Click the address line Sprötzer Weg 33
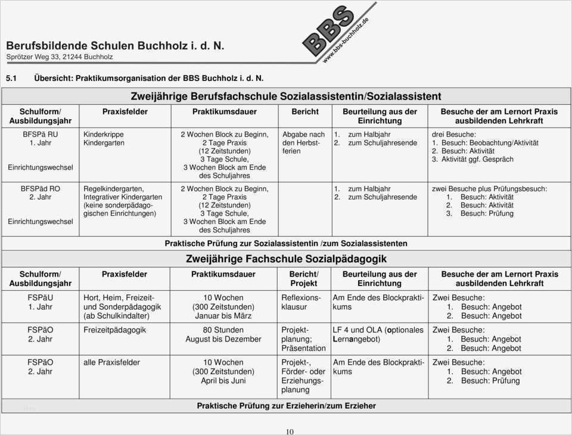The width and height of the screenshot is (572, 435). [x=60, y=57]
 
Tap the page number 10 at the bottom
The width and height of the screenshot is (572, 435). [x=289, y=431]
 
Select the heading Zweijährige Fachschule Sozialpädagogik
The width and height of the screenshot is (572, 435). [x=286, y=259]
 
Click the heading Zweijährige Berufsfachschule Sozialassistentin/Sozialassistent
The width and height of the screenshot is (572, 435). [x=286, y=96]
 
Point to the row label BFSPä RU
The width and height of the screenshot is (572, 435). [x=41, y=135]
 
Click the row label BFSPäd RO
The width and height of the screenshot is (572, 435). [x=41, y=188]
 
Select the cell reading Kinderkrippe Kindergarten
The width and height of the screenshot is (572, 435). [x=104, y=139]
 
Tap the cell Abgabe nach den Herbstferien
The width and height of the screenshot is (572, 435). [x=303, y=143]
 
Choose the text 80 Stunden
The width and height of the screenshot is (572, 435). [x=223, y=330]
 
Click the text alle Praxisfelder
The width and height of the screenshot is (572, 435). [x=112, y=362]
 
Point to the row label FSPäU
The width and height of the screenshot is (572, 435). [x=41, y=297]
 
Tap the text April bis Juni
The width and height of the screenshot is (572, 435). [x=223, y=380]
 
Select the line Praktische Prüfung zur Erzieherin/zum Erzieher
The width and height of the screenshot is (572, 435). [x=286, y=406]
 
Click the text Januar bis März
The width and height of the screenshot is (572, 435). [x=223, y=316]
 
